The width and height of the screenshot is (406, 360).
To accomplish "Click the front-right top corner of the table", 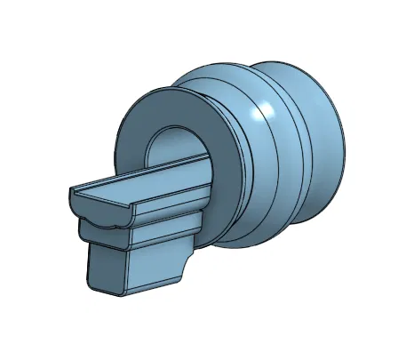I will [x=133, y=204].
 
